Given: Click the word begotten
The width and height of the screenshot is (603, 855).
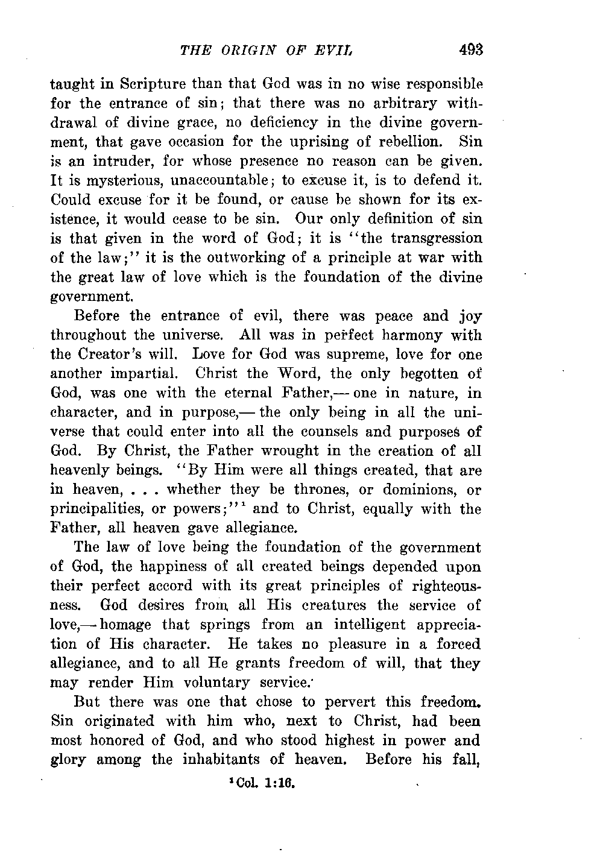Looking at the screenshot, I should (428, 374).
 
